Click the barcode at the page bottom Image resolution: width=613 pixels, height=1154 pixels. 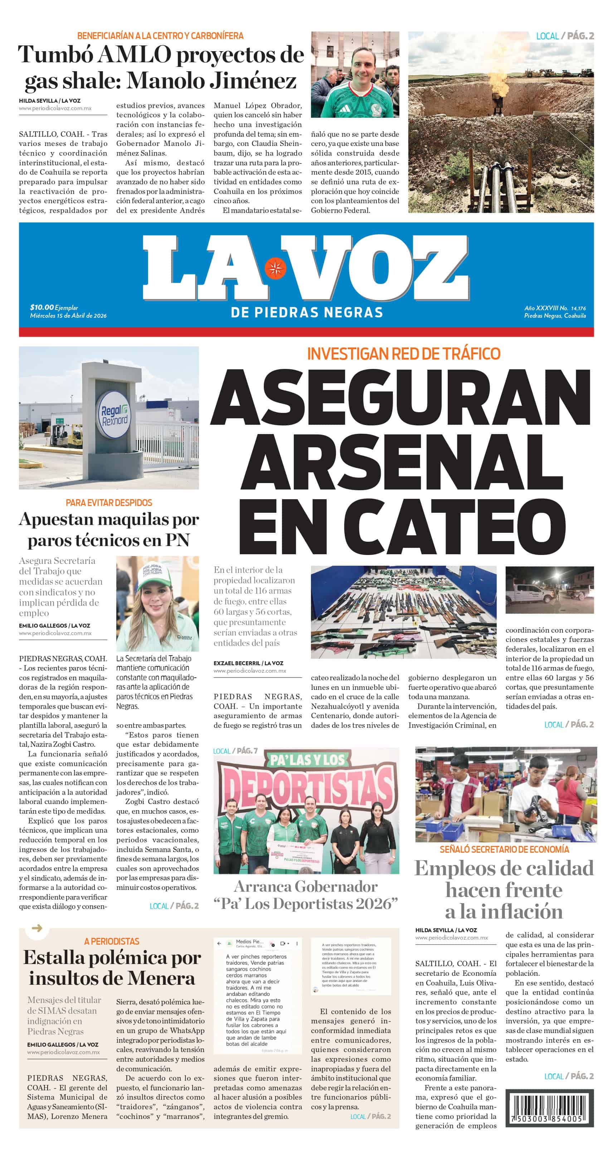click(549, 1107)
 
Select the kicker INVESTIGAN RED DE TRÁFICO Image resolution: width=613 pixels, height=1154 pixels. click(403, 354)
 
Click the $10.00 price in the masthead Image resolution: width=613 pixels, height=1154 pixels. click(42, 307)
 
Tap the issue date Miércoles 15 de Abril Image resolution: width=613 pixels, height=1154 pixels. click(68, 315)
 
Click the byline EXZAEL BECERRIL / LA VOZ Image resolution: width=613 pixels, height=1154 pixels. click(248, 663)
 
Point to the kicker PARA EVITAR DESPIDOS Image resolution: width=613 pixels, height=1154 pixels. click(109, 503)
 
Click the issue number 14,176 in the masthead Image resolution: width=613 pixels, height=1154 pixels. click(578, 308)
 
